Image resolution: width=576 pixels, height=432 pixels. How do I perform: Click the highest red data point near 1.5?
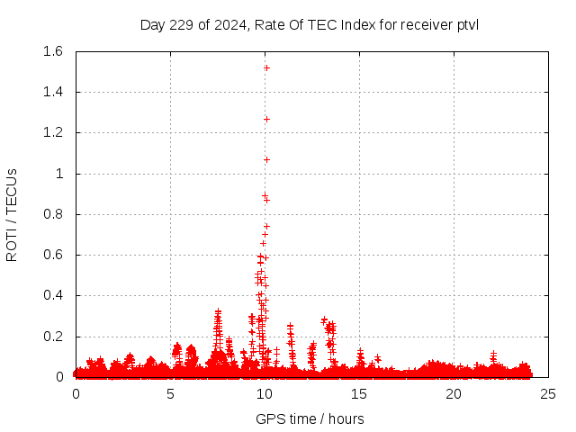pos(266,67)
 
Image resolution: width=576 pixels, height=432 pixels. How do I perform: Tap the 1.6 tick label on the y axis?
pos(52,51)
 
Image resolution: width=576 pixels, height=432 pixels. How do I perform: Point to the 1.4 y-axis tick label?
pos(52,92)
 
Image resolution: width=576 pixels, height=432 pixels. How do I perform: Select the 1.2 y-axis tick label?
pos(52,133)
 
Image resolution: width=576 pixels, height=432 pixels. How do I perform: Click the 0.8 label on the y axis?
pos(52,214)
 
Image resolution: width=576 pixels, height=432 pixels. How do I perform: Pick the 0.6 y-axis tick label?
pos(52,255)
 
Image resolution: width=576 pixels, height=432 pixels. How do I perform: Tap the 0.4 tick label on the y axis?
pos(52,296)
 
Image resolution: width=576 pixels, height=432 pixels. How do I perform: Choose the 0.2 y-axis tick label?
pos(52,337)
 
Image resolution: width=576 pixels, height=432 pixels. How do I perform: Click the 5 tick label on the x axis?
pos(170,393)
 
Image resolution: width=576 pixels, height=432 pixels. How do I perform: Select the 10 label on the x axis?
pos(265,393)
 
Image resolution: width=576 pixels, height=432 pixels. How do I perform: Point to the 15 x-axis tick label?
pos(359,393)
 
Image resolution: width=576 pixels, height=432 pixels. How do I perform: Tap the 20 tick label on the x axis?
pos(454,393)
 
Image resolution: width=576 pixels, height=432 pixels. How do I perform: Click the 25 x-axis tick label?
pos(548,393)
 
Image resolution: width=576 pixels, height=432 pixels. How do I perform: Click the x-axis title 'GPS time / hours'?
pos(310,418)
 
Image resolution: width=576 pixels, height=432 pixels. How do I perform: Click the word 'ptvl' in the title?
pos(467,24)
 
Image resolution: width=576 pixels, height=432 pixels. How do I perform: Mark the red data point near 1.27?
pos(266,119)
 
